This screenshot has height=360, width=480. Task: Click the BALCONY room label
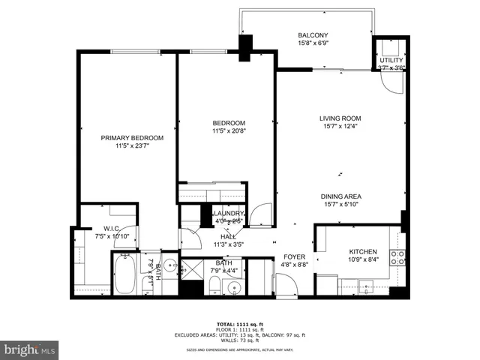click(x=313, y=35)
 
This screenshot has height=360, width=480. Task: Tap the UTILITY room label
click(x=391, y=60)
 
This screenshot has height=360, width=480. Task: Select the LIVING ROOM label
click(x=340, y=118)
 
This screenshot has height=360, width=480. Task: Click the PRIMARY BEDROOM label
click(x=132, y=138)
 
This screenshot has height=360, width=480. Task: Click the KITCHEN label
click(x=362, y=252)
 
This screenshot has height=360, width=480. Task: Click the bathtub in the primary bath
click(x=124, y=275)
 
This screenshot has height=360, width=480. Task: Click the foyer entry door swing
click(x=286, y=284)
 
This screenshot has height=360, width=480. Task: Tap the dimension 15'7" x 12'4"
click(x=340, y=127)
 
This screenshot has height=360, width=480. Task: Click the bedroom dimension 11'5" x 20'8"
click(x=229, y=132)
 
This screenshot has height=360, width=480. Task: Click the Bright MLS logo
click(x=30, y=349)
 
